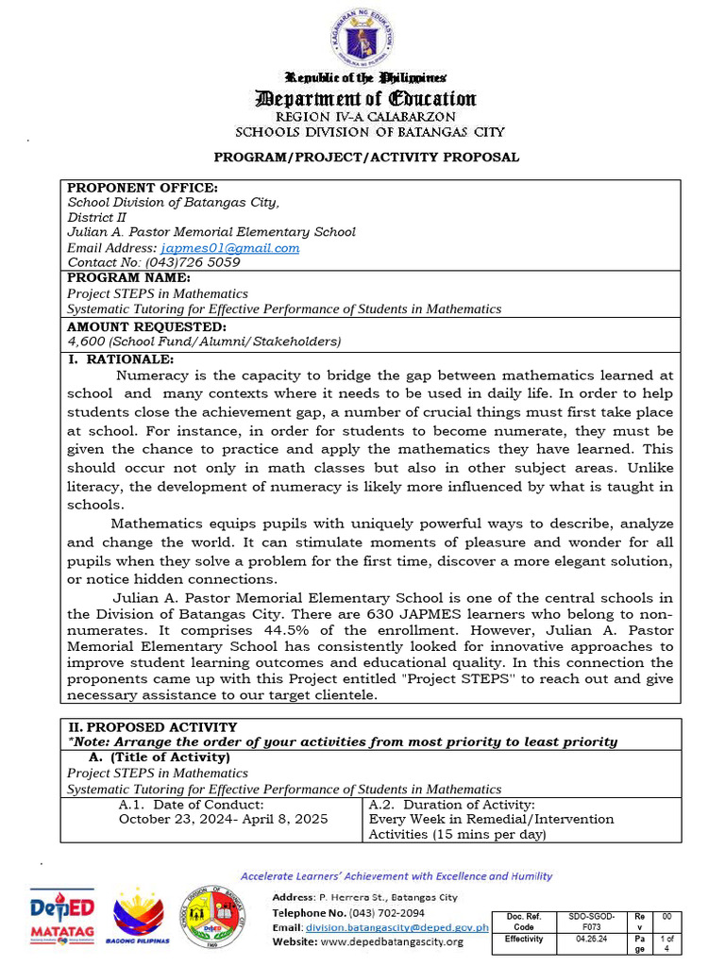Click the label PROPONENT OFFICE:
pyautogui.click(x=142, y=188)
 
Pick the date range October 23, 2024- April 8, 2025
pyautogui.click(x=223, y=819)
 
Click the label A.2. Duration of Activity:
pyautogui.click(x=451, y=805)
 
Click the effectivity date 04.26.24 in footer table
pyautogui.click(x=580, y=940)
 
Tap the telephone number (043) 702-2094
pyautogui.click(x=386, y=913)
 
